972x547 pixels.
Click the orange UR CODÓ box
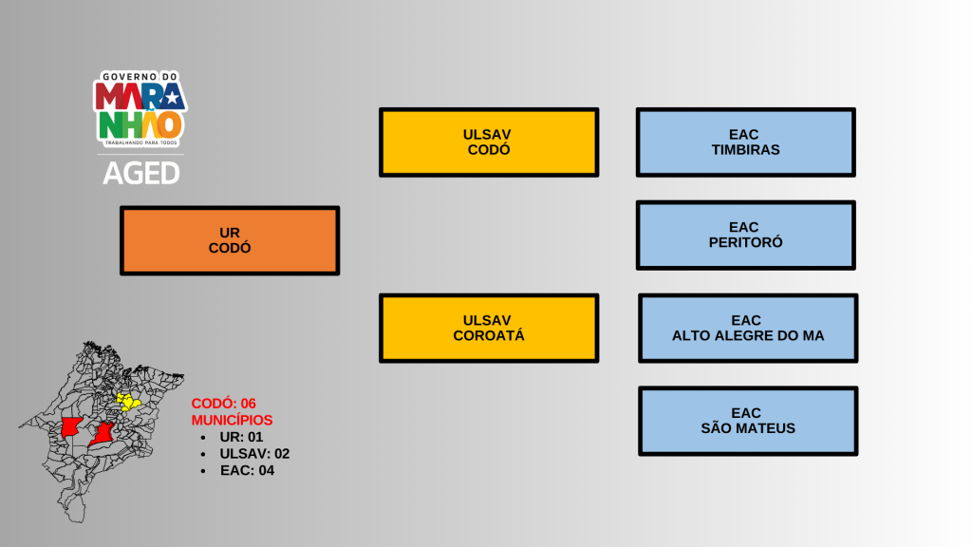pyautogui.click(x=229, y=240)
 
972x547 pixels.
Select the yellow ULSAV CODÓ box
pyautogui.click(x=489, y=141)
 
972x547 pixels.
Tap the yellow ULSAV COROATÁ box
pyautogui.click(x=489, y=328)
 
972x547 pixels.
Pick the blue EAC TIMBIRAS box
pyautogui.click(x=745, y=141)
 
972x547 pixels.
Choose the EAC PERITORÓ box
pyautogui.click(x=745, y=235)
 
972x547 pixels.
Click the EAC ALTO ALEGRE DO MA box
pyautogui.click(x=747, y=328)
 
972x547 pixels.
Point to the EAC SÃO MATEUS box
pyautogui.click(x=747, y=421)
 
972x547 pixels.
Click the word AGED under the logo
pyautogui.click(x=140, y=173)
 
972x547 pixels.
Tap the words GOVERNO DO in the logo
pyautogui.click(x=140, y=77)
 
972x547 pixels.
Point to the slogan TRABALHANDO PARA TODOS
pyautogui.click(x=140, y=142)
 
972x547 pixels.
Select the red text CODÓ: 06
pyautogui.click(x=224, y=404)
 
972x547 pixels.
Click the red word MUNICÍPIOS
pyautogui.click(x=232, y=420)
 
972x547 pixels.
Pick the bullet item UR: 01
pyautogui.click(x=241, y=437)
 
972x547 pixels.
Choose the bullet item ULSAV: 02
pyautogui.click(x=254, y=454)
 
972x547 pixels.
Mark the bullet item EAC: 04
pyautogui.click(x=247, y=470)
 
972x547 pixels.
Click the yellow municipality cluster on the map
pyautogui.click(x=126, y=403)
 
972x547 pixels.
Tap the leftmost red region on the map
pyautogui.click(x=70, y=427)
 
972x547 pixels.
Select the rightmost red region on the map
pyautogui.click(x=103, y=435)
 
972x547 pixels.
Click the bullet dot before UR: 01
pyautogui.click(x=204, y=437)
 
